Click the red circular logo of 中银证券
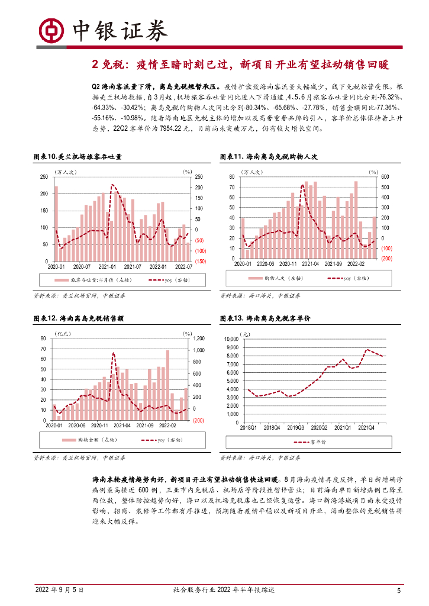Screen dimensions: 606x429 tap(51, 30)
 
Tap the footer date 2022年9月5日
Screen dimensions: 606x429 tap(60, 590)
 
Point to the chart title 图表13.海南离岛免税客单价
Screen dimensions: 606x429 tap(265, 318)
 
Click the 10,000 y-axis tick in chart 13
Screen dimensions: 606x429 tap(231, 339)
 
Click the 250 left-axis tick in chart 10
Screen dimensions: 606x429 tap(44, 177)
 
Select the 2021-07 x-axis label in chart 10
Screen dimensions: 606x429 tap(140, 267)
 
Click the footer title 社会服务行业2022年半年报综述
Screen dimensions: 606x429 tap(224, 590)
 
